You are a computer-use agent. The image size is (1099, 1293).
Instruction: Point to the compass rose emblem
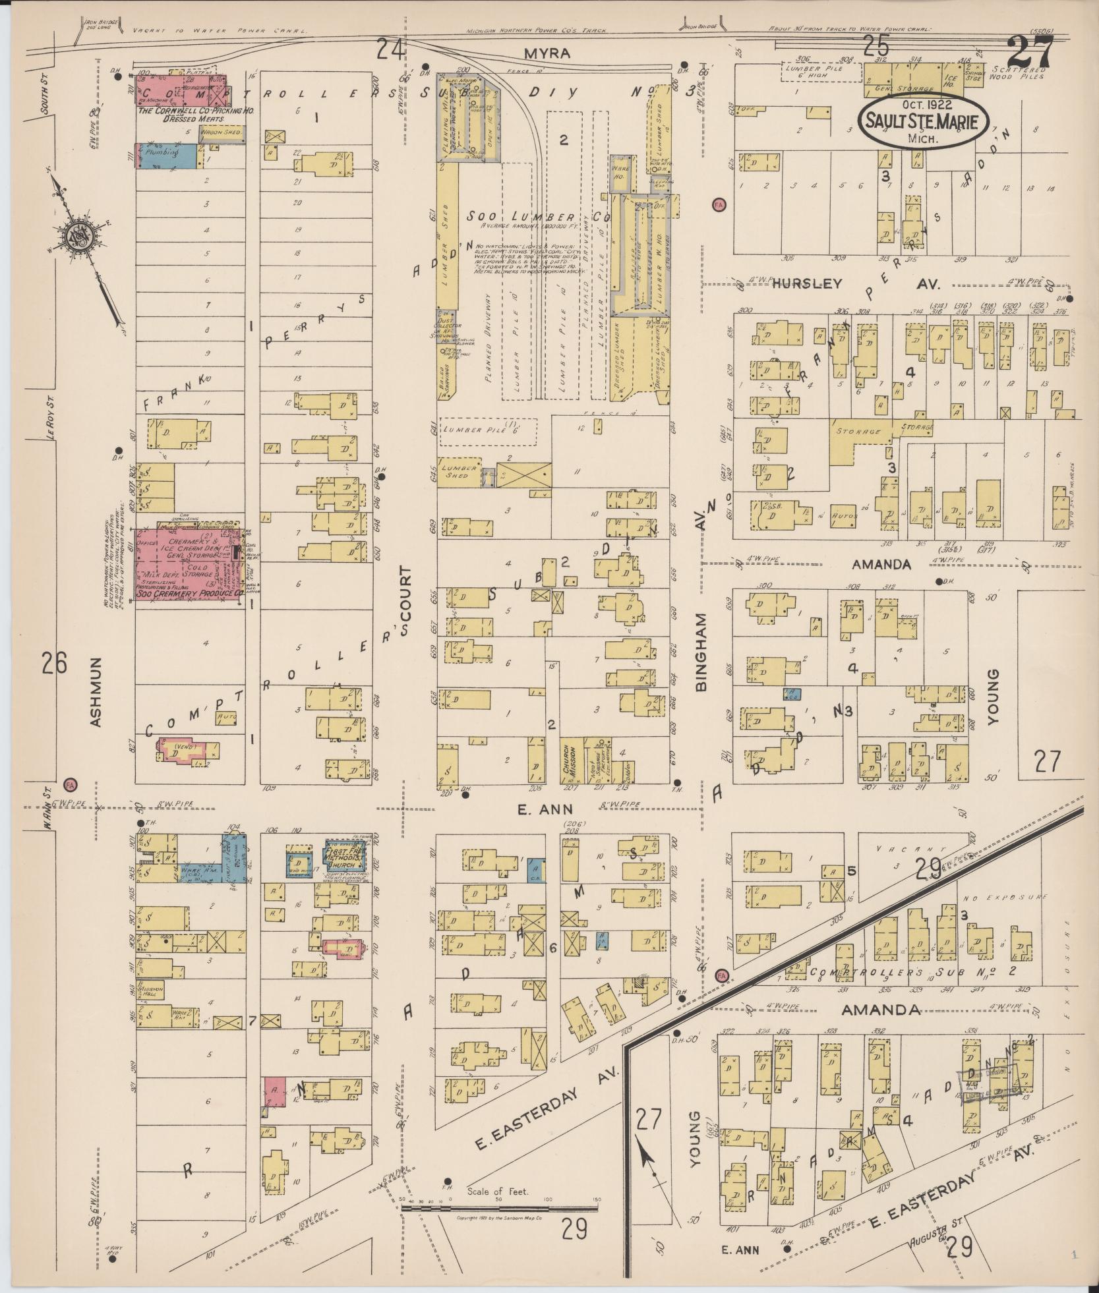[78, 234]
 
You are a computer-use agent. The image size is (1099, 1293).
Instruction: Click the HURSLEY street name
[807, 283]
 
